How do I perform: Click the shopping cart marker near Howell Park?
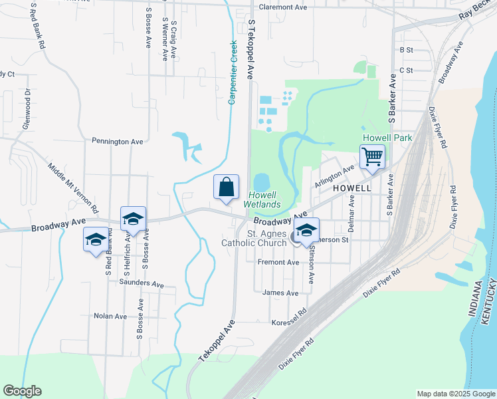[x=372, y=158]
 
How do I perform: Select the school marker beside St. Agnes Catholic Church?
[x=306, y=230]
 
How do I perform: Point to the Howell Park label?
[x=387, y=138]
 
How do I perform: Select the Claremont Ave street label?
[x=283, y=7]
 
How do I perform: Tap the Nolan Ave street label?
[x=110, y=316]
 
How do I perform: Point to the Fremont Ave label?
[x=278, y=263]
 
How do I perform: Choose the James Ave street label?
[x=280, y=293]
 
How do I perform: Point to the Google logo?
[x=22, y=391]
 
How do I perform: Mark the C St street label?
[x=406, y=70]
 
